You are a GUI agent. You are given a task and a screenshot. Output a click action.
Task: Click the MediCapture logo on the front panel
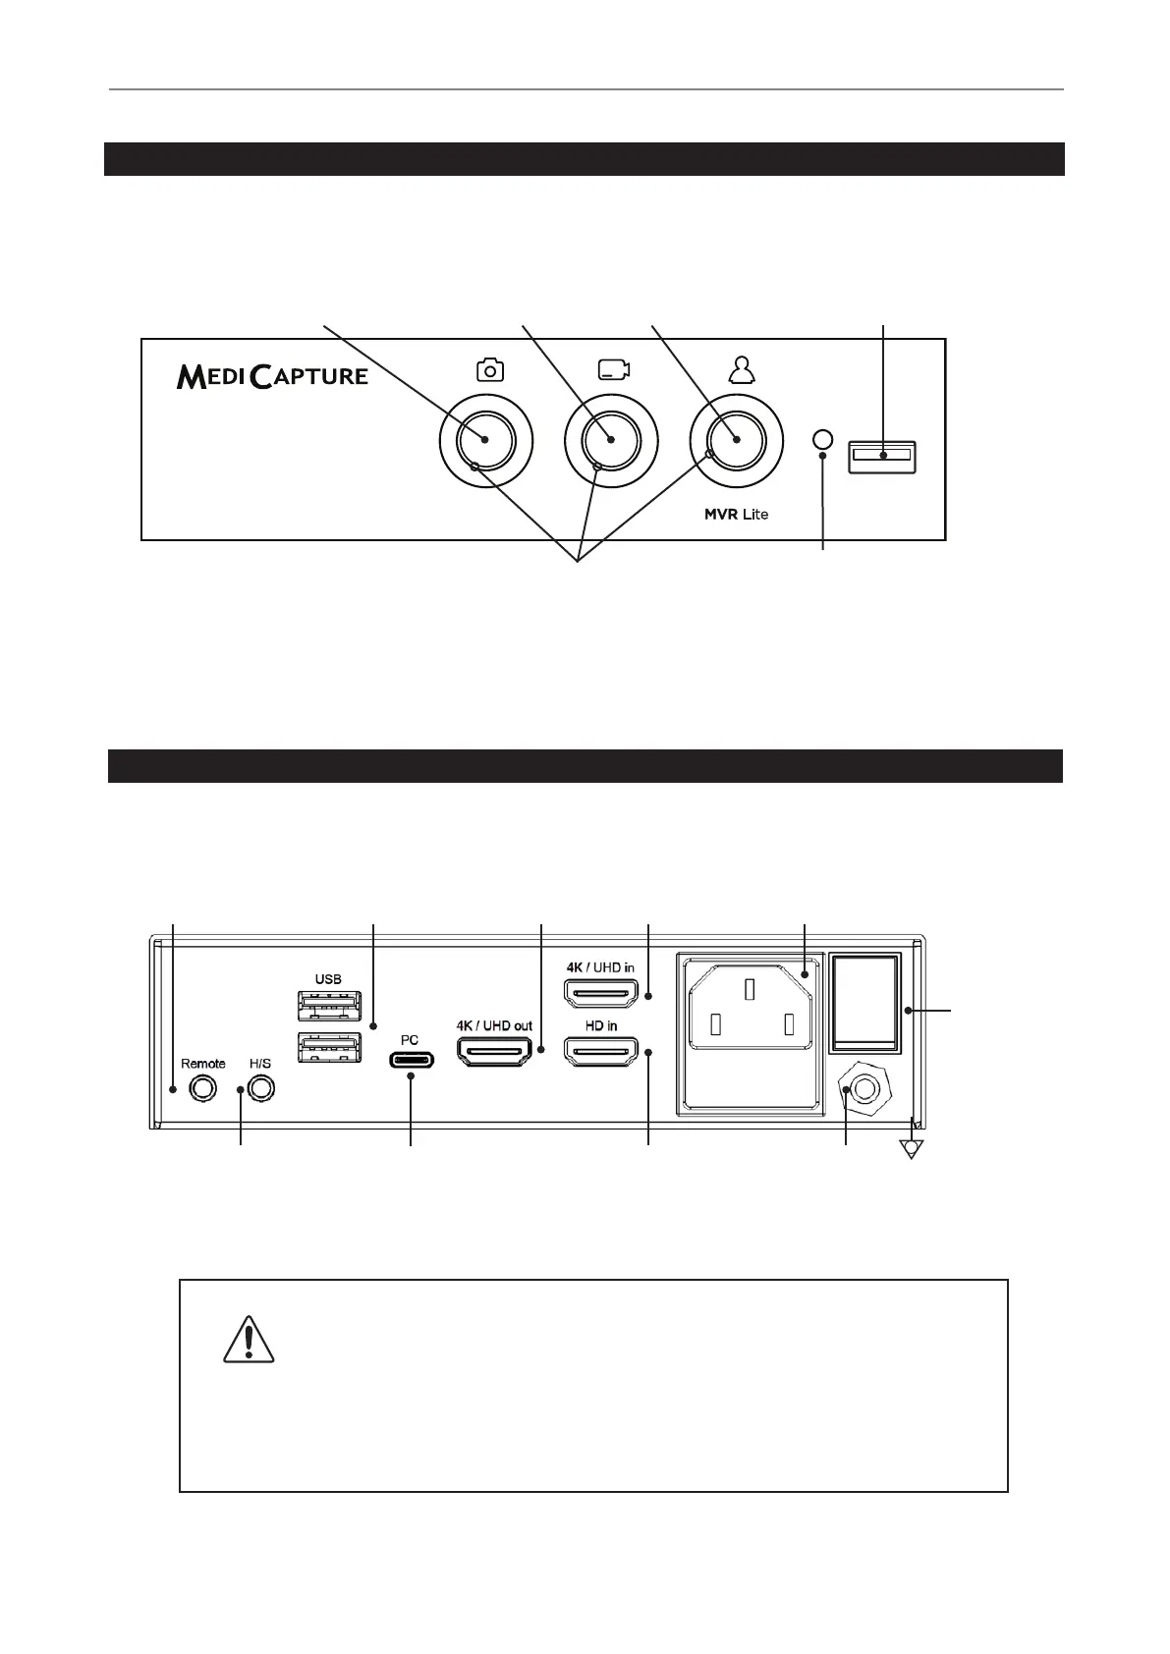[x=272, y=375]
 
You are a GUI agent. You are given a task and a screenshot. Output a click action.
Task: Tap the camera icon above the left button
[x=489, y=369]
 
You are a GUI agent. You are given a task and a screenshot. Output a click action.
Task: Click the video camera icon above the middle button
[x=613, y=369]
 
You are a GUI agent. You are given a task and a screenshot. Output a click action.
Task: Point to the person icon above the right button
[x=739, y=368]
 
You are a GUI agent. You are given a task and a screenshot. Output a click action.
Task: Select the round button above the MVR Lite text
[x=737, y=441]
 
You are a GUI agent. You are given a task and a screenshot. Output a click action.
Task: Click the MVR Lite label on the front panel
[x=736, y=514]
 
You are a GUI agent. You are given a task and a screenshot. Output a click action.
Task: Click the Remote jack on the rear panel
[x=203, y=1088]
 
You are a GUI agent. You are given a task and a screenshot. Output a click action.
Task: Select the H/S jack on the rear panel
[x=260, y=1088]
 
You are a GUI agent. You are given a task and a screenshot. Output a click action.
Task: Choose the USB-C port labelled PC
[x=411, y=1060]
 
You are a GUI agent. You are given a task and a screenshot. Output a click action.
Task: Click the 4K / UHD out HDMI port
[x=494, y=1052]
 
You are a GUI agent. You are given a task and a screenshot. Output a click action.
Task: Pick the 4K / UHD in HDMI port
[x=600, y=994]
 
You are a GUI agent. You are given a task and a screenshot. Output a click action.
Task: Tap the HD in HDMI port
[x=600, y=1052]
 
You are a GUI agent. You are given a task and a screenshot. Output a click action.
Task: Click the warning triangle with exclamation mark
[x=248, y=1341]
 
